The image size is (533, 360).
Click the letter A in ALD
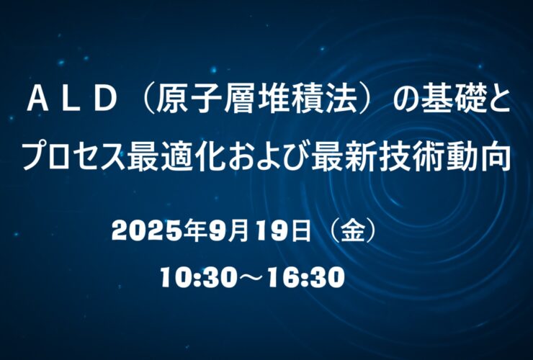click(37, 102)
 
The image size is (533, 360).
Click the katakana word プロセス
click(75, 157)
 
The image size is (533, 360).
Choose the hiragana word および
click(269, 157)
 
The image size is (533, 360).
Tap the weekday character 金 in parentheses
click(353, 231)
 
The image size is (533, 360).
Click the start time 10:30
click(198, 277)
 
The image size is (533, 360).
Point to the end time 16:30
click(306, 277)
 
